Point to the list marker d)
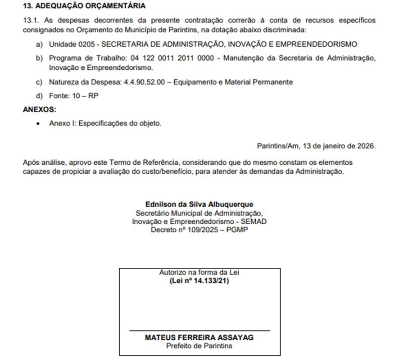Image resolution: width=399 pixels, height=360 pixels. pyautogui.click(x=40, y=95)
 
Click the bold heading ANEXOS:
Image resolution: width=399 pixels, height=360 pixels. pyautogui.click(x=39, y=109)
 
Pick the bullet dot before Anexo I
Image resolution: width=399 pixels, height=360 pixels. pyautogui.click(x=39, y=123)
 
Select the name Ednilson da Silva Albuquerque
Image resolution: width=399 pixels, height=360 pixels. pyautogui.click(x=199, y=204)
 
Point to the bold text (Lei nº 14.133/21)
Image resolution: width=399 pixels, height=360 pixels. pyautogui.click(x=199, y=281)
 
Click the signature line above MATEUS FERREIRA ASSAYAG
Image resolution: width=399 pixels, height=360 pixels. pyautogui.click(x=199, y=331)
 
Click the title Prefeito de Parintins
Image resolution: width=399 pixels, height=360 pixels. pyautogui.click(x=199, y=346)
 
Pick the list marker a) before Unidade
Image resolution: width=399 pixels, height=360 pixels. pyautogui.click(x=40, y=44)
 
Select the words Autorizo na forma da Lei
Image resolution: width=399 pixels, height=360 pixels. pyautogui.click(x=199, y=273)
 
